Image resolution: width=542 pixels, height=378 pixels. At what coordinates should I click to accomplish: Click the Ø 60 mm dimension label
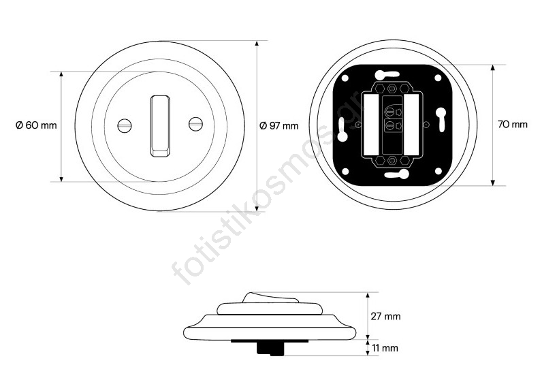click(x=36, y=125)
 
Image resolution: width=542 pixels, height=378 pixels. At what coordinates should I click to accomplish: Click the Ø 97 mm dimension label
click(x=279, y=125)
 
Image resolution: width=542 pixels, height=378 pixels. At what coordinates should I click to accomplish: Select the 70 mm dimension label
click(x=513, y=125)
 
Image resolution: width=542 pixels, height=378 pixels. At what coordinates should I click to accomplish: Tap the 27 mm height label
click(x=385, y=316)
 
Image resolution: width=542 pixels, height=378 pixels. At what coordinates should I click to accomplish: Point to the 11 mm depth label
click(x=385, y=348)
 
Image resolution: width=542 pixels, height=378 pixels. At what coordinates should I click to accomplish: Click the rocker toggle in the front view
click(x=160, y=126)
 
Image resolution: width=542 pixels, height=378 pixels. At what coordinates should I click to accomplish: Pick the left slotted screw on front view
click(x=125, y=125)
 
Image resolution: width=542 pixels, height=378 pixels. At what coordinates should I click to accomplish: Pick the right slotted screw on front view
click(x=195, y=124)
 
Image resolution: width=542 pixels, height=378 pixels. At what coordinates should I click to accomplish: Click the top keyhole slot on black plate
click(x=387, y=74)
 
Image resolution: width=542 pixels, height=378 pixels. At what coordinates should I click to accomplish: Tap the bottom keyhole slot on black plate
click(x=397, y=174)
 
